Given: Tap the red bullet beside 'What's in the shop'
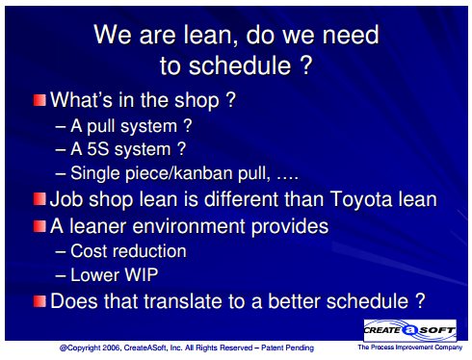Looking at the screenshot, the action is [39, 100].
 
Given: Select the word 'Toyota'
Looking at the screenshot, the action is [361, 200].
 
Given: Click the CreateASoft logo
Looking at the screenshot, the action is [409, 330].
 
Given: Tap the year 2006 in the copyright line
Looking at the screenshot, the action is [112, 347].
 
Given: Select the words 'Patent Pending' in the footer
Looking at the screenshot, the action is [287, 347].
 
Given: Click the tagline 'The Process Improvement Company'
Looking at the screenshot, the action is [410, 347].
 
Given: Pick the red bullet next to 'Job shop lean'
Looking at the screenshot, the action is [39, 199].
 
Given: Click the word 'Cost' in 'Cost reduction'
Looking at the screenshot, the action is [89, 251].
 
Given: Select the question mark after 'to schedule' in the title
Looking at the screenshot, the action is [306, 65].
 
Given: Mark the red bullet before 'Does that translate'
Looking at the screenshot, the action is [39, 301].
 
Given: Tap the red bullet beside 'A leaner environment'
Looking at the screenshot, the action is [39, 226].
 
